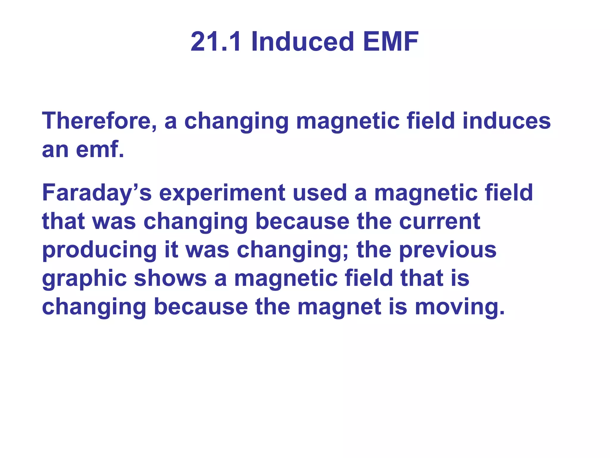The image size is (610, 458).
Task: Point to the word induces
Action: (506, 121)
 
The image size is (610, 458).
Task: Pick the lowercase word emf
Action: (99, 149)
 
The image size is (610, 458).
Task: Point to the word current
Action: (439, 222)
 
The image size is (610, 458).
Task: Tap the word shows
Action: (170, 278)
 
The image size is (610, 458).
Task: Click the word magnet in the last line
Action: (340, 307)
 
